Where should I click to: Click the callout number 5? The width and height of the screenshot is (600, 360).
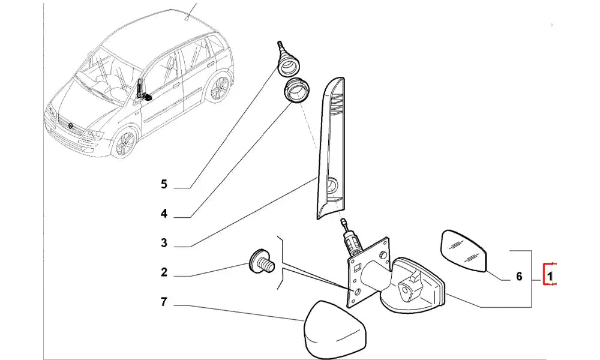164,184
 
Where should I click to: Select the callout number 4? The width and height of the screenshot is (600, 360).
164,213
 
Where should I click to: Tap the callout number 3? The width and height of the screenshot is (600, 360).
164,243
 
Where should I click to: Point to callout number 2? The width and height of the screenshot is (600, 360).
164,272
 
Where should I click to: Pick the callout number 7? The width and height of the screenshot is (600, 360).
164,302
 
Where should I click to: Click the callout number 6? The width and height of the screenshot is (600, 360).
520,277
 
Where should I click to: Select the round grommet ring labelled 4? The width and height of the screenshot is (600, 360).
296,90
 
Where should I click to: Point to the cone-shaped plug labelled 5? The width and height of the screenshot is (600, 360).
287,59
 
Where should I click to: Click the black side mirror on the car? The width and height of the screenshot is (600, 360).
143,92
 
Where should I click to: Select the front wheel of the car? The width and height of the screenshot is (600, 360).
125,144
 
